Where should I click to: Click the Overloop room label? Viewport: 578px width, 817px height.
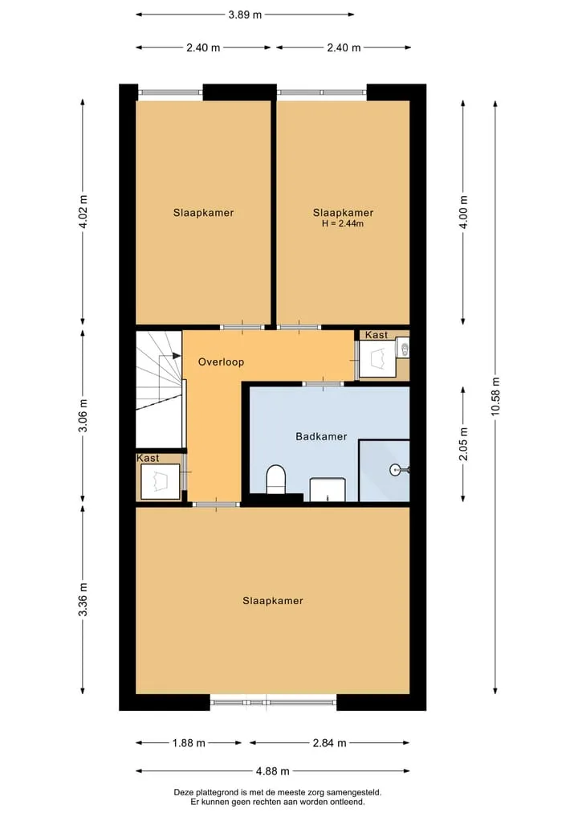[221, 362]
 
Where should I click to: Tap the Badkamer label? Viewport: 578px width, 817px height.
[321, 436]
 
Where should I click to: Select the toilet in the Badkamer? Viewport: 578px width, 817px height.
[276, 480]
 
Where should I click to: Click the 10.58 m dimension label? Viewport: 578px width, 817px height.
[495, 396]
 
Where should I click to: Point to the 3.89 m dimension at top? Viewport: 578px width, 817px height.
[245, 14]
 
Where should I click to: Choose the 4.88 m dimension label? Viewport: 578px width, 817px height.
[273, 770]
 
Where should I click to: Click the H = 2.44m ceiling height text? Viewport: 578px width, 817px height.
[343, 223]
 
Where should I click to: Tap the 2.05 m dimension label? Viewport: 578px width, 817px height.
[463, 444]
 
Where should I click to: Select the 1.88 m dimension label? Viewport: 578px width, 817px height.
[189, 742]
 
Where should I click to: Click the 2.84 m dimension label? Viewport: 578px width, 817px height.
[329, 742]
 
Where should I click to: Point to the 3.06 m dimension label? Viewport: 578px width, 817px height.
[82, 415]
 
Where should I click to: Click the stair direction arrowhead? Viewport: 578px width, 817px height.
[177, 356]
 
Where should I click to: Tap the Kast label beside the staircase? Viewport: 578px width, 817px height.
[148, 458]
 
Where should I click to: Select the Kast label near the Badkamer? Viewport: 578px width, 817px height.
[376, 335]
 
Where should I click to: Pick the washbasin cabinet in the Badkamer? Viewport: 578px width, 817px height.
[328, 490]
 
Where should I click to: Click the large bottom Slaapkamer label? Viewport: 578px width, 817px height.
[273, 601]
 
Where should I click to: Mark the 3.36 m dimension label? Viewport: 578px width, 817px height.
[82, 599]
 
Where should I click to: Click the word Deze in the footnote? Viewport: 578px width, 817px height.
[183, 793]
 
